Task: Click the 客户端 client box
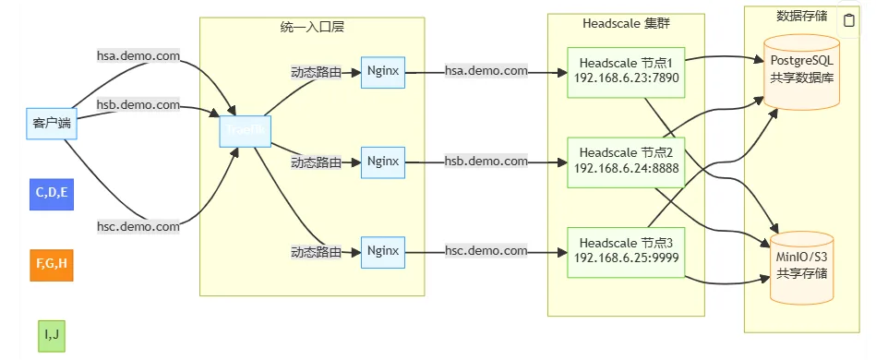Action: click(x=52, y=123)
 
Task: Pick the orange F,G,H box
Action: click(x=52, y=264)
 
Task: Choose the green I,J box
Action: click(x=52, y=335)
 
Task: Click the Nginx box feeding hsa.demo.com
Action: click(x=383, y=71)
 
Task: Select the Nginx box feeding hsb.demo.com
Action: click(x=383, y=162)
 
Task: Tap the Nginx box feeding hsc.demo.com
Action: click(x=383, y=250)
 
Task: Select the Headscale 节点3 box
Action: click(x=626, y=250)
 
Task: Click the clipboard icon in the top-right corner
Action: click(x=849, y=20)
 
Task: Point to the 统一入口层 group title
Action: click(x=312, y=28)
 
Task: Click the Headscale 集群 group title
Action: click(x=626, y=23)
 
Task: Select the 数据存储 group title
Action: click(x=802, y=16)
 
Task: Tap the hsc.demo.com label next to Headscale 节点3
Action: click(x=486, y=251)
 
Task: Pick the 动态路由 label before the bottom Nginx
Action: click(x=317, y=251)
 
